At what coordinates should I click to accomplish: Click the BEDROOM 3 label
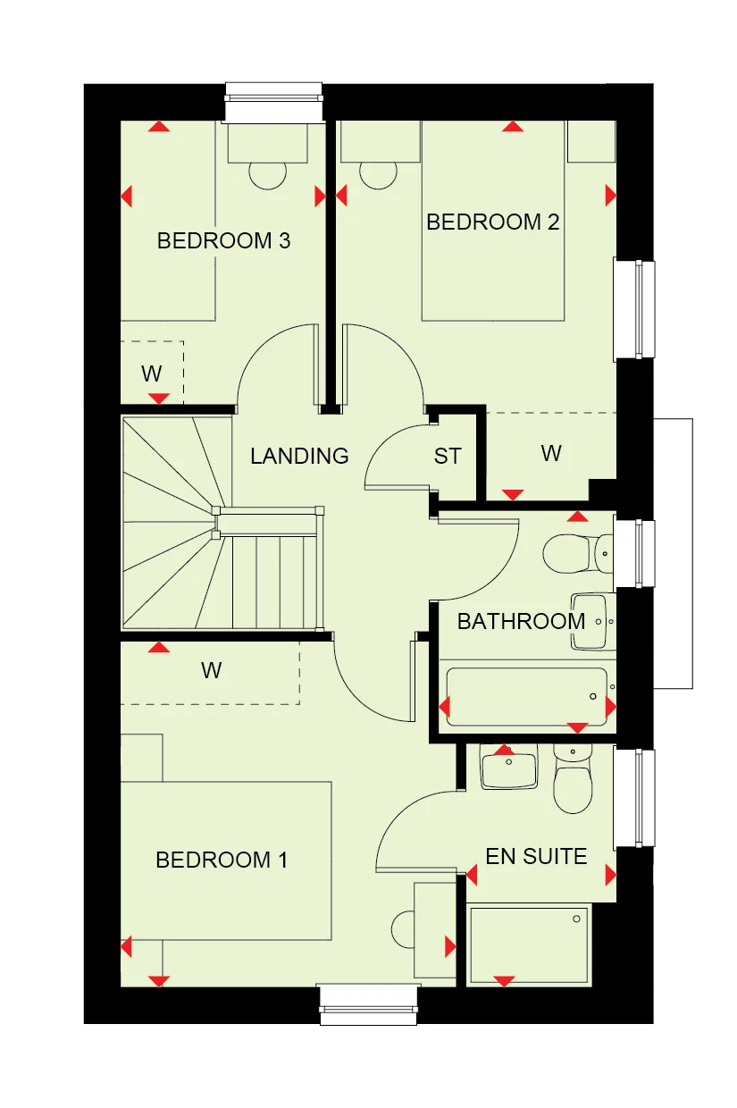pyautogui.click(x=223, y=241)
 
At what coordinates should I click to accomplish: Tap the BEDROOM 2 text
pyautogui.click(x=492, y=222)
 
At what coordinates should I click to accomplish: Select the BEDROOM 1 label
pyautogui.click(x=222, y=860)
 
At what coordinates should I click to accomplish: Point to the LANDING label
pyautogui.click(x=299, y=457)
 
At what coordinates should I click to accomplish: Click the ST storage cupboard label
pyautogui.click(x=448, y=457)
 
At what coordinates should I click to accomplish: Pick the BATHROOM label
pyautogui.click(x=521, y=621)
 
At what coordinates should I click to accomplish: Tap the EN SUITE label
pyautogui.click(x=536, y=857)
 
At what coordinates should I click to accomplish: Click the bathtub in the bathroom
pyautogui.click(x=525, y=697)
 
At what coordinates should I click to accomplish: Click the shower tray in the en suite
pyautogui.click(x=529, y=945)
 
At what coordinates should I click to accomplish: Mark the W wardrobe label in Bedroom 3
pyautogui.click(x=151, y=374)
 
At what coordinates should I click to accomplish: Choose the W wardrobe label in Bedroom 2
pyautogui.click(x=551, y=453)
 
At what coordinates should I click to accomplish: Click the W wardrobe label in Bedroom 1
pyautogui.click(x=211, y=670)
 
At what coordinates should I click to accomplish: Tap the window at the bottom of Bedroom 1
pyautogui.click(x=369, y=1004)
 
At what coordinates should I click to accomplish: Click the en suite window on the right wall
pyautogui.click(x=636, y=797)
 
